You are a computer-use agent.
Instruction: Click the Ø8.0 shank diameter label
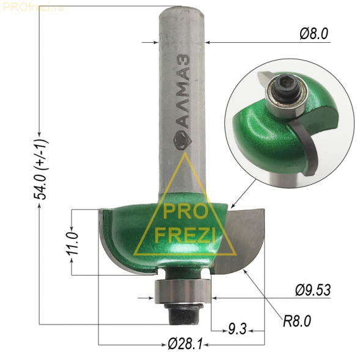pyautogui.click(x=314, y=34)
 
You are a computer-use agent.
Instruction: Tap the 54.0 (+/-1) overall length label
pyautogui.click(x=40, y=170)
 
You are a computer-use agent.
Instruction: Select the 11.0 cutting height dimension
pyautogui.click(x=72, y=243)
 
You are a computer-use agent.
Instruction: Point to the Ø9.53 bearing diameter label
pyautogui.click(x=313, y=290)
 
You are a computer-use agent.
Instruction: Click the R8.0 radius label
pyautogui.click(x=296, y=321)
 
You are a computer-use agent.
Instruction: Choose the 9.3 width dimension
pyautogui.click(x=237, y=329)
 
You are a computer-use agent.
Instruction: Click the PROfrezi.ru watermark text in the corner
pyautogui.click(x=33, y=7)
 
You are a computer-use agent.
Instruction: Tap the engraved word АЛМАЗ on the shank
pyautogui.click(x=184, y=92)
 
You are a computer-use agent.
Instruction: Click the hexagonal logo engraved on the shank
pyautogui.click(x=182, y=141)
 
